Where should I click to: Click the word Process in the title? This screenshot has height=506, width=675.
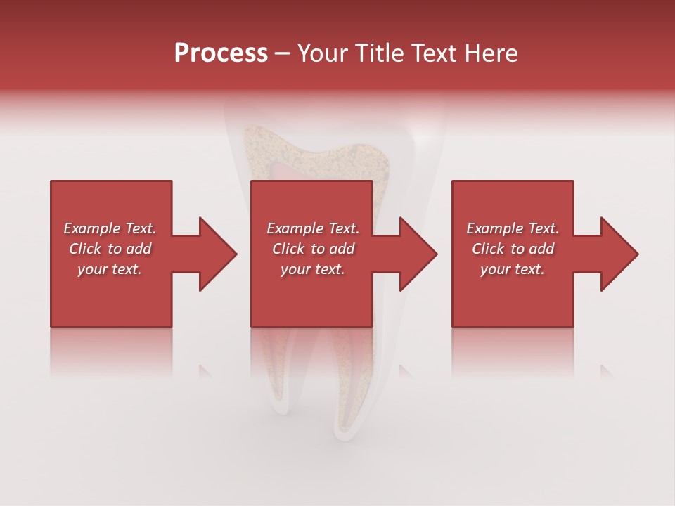coord(221,53)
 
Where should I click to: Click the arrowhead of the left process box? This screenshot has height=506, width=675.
coord(217,254)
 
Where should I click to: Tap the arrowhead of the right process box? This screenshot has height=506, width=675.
coord(619,254)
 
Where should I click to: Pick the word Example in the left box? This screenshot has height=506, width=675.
coord(91,228)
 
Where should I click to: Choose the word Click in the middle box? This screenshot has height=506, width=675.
coord(288,249)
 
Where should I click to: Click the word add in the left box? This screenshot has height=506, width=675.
coord(139,249)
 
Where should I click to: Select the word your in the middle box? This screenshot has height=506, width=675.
coord(295,269)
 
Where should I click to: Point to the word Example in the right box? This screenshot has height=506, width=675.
coord(494,228)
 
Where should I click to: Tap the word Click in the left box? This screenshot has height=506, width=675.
coord(85,249)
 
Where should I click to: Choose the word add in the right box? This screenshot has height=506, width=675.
coord(542,249)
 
